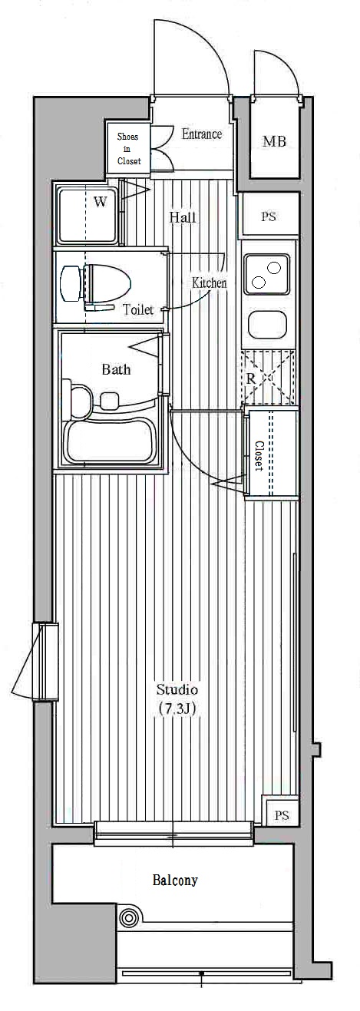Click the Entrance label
[x=202, y=134]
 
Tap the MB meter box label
[x=274, y=142]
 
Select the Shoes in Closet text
[x=129, y=148]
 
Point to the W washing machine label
[x=100, y=202]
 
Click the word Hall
[x=183, y=217]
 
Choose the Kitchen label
[x=210, y=283]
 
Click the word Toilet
[x=138, y=309]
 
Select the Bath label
[x=116, y=370]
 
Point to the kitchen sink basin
[x=267, y=325]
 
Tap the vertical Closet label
[x=259, y=455]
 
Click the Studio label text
[x=177, y=690]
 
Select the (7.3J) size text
[x=177, y=709]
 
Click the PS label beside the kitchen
[x=269, y=216]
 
